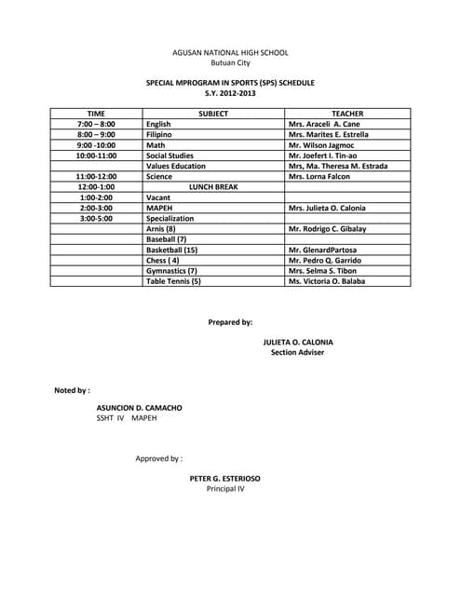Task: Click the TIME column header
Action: click(x=96, y=114)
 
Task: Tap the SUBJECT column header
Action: click(x=213, y=114)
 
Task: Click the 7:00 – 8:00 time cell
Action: click(x=96, y=124)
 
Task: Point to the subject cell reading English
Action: click(x=158, y=124)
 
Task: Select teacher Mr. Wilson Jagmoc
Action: click(x=323, y=145)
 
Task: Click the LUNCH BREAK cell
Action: click(x=213, y=187)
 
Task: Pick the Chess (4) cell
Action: click(x=163, y=260)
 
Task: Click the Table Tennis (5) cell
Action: click(x=173, y=280)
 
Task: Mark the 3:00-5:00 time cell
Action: click(x=96, y=218)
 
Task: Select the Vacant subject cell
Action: click(x=158, y=197)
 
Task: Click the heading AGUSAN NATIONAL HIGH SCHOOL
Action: click(x=230, y=53)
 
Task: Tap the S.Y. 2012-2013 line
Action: click(x=230, y=93)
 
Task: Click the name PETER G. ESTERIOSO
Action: click(x=224, y=478)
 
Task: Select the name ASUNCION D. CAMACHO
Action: click(x=140, y=408)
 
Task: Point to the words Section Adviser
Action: click(x=296, y=353)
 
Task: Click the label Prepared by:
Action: click(x=230, y=322)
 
